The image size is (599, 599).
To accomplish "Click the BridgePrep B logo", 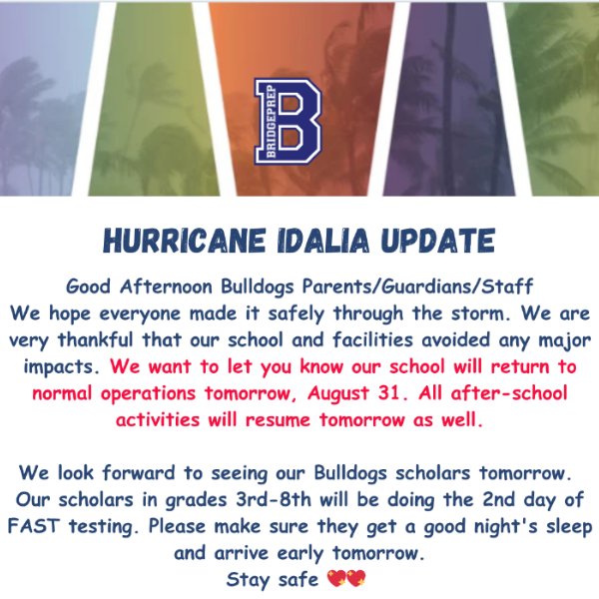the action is [288, 121].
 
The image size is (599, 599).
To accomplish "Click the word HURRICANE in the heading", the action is [184, 241].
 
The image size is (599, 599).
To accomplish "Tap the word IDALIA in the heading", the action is [323, 241].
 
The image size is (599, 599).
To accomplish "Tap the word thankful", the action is [96, 339].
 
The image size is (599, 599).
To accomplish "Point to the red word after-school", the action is [508, 392].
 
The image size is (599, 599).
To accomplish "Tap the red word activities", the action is [158, 419].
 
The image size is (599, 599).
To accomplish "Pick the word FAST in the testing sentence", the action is [34, 526].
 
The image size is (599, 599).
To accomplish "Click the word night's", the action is [506, 527].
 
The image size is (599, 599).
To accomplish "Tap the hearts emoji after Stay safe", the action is [346, 578].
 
